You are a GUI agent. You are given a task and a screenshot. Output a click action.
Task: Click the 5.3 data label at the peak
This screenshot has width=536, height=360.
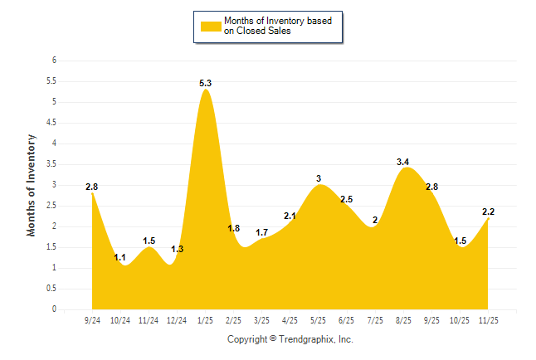pos(206,83)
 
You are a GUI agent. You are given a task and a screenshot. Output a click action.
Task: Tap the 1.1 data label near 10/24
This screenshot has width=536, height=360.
pos(120,258)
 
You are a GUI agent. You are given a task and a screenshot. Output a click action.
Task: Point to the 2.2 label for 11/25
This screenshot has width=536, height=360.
pos(488,212)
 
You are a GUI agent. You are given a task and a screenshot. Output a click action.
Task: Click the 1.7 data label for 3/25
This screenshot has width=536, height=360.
pos(262,232)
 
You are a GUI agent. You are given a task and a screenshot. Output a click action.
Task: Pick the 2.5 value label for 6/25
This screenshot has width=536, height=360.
pos(347,200)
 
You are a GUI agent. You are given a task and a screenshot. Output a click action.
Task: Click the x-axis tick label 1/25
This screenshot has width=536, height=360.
pos(206,319)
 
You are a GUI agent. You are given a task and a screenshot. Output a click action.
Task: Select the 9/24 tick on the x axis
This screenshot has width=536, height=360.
pos(93,319)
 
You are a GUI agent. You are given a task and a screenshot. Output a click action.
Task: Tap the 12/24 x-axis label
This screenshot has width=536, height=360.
pos(178,319)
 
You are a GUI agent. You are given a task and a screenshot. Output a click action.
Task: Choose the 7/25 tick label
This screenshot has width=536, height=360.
pos(375,319)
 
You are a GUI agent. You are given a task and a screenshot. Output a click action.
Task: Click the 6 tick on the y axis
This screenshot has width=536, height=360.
pos(54,61)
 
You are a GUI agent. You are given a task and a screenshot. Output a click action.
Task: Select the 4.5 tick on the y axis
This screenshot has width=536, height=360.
pos(51,123)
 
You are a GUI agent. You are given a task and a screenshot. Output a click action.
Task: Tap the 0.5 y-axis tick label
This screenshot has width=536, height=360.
pos(51,289)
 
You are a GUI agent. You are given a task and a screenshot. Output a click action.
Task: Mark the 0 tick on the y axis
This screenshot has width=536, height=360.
pos(54,309)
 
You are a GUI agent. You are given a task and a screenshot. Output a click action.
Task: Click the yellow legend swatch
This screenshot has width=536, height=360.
pos(210,26)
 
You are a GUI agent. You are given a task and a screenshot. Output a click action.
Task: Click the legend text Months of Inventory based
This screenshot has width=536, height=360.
pos(277,21)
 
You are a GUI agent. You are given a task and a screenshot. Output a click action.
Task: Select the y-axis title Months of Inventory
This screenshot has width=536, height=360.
pos(32,185)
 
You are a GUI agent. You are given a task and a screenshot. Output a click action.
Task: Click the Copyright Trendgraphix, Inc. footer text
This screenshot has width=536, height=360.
pos(290,339)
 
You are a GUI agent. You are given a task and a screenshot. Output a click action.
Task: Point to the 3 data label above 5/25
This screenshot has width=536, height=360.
pos(319,178)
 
